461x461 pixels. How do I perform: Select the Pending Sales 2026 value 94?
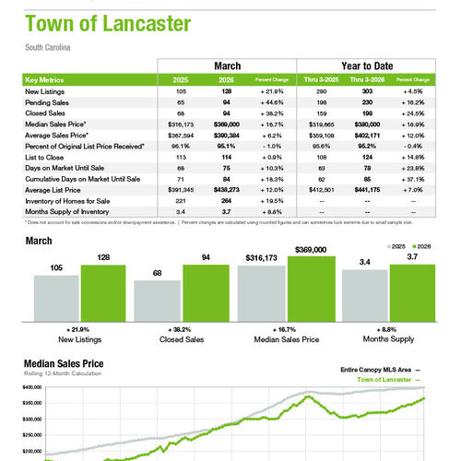(227, 100)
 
